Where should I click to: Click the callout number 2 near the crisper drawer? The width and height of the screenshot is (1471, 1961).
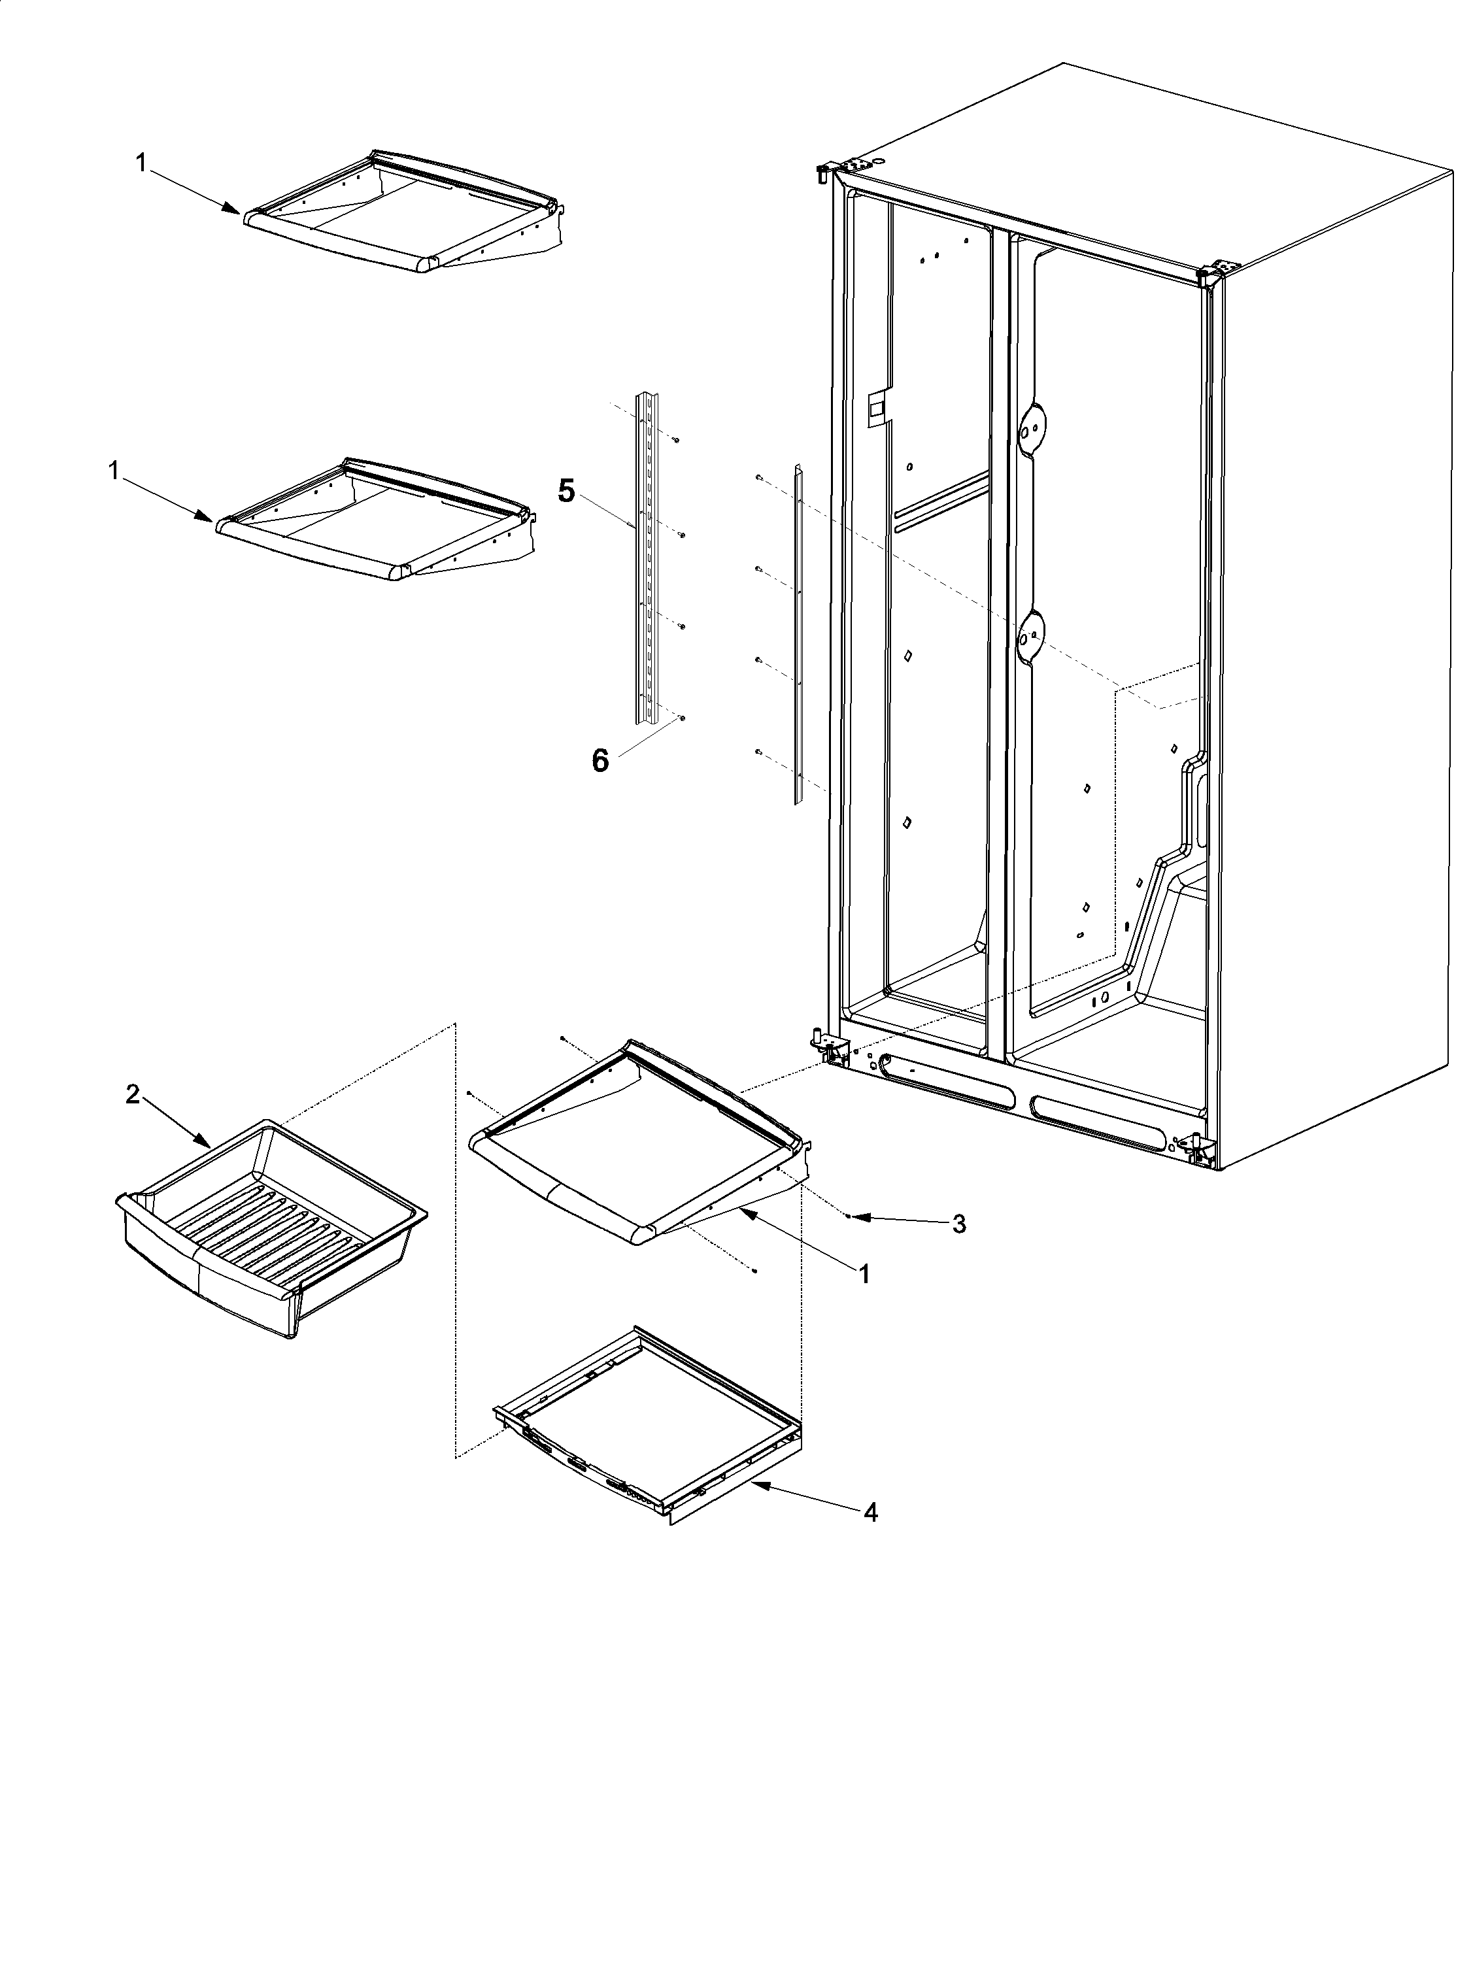click(132, 1095)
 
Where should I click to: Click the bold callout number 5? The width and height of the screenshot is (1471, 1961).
click(566, 490)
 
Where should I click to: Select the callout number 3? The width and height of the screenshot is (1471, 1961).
click(958, 1224)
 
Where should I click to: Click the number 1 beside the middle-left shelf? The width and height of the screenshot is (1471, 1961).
click(114, 471)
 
